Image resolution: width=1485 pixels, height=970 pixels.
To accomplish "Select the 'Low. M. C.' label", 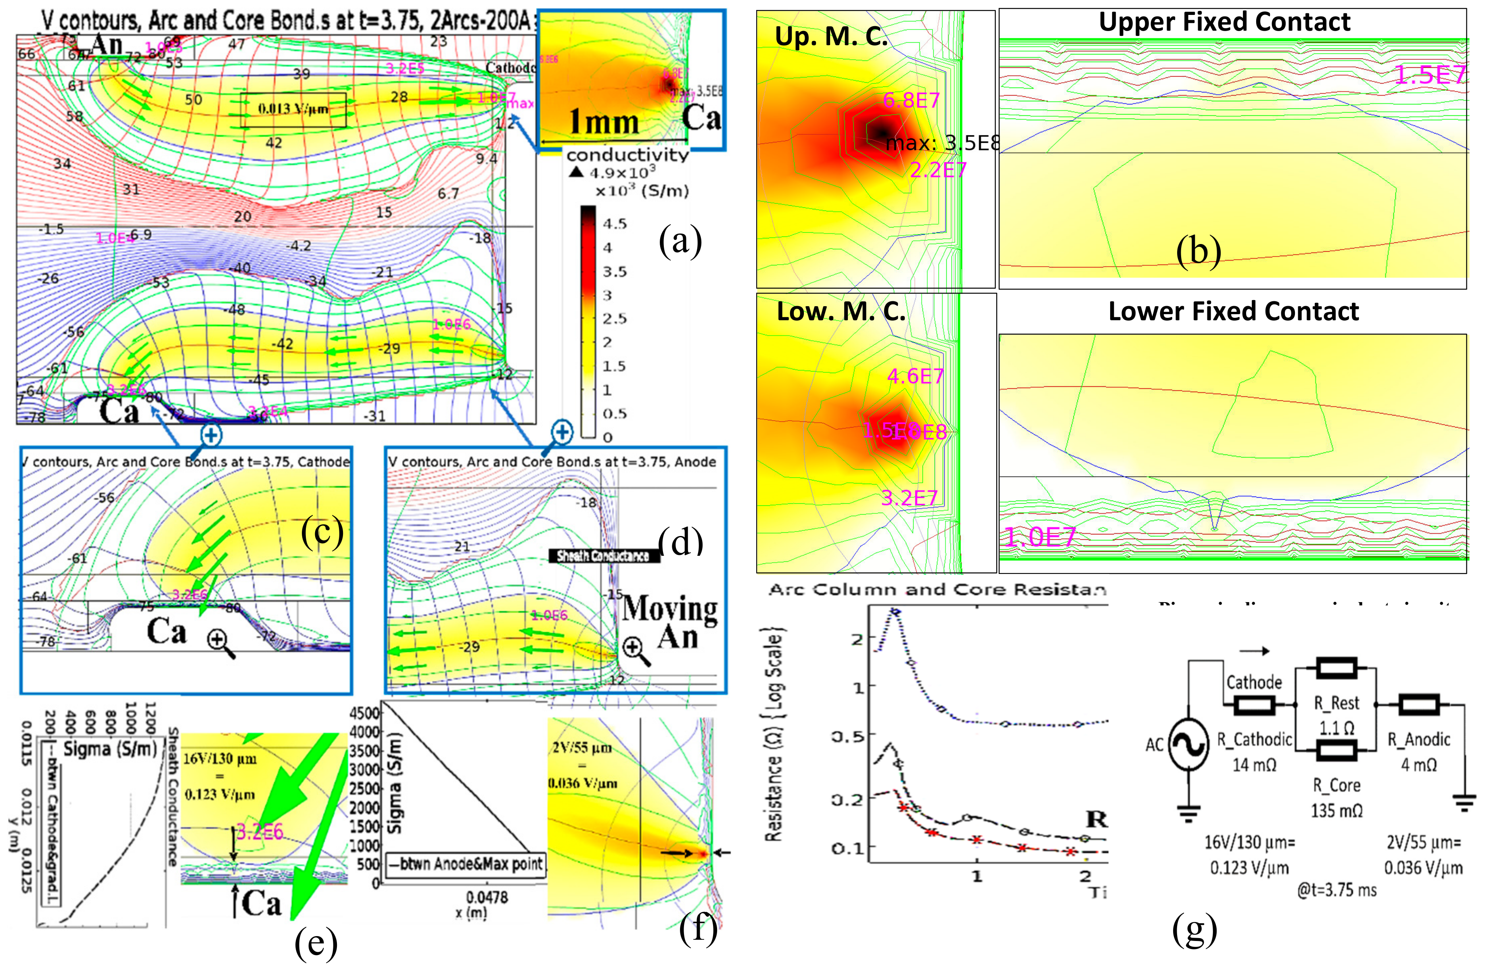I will tap(841, 311).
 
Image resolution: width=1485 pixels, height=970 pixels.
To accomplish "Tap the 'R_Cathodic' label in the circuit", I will tap(1254, 739).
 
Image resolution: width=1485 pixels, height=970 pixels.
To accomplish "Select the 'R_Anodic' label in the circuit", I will tap(1418, 739).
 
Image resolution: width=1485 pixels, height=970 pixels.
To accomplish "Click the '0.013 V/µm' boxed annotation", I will tap(293, 109).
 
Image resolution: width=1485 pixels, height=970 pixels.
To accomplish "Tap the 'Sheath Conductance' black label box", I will tap(603, 555).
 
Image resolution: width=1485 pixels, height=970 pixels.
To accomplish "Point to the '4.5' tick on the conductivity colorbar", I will tap(615, 224).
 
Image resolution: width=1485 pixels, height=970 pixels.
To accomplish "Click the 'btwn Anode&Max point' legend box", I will tap(465, 864).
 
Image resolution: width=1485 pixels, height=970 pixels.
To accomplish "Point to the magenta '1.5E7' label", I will tap(1429, 75).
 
